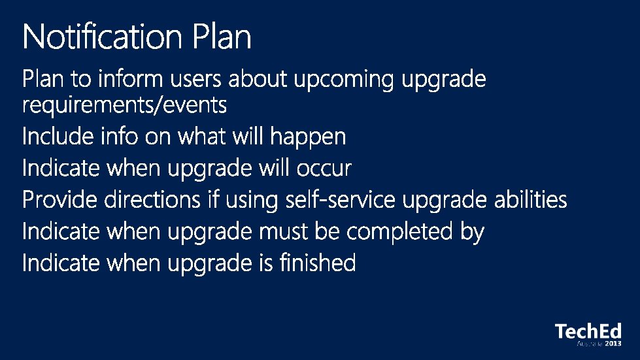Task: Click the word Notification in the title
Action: tap(103, 37)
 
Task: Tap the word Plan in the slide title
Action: tap(222, 37)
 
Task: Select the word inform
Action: tap(130, 78)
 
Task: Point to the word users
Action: tap(195, 79)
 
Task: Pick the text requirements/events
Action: tap(124, 105)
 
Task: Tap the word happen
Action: tap(308, 137)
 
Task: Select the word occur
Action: tap(324, 169)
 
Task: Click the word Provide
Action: tap(59, 200)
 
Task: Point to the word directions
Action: tap(152, 200)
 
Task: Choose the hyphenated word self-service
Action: tap(340, 200)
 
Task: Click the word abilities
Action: tap(531, 200)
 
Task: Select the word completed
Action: tap(399, 231)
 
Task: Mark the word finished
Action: tap(318, 263)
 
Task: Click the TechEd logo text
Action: tap(588, 331)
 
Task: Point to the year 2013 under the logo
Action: tap(613, 344)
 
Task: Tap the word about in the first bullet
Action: tap(257, 78)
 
